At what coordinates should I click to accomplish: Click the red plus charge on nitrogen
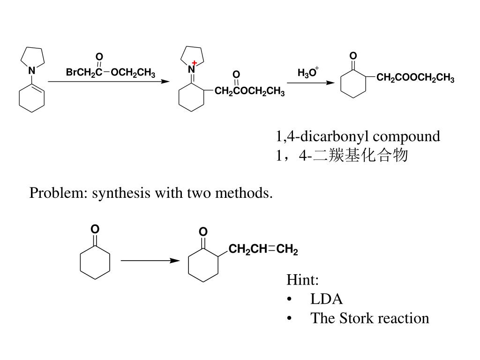point(195,63)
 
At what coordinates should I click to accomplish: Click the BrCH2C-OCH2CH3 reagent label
point(110,73)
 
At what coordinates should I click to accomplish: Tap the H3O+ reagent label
point(307,73)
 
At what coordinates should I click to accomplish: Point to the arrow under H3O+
point(311,83)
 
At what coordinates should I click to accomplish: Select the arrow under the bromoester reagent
point(109,82)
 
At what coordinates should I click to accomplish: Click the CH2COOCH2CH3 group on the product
point(415,79)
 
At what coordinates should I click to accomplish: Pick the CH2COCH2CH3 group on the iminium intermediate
point(249,91)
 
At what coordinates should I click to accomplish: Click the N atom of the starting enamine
point(32,71)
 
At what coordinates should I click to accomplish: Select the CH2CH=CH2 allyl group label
point(263,249)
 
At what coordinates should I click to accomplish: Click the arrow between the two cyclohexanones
point(150,261)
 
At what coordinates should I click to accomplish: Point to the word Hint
point(303,280)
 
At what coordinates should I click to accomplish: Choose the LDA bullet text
point(326,299)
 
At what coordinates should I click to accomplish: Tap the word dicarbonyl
point(334,136)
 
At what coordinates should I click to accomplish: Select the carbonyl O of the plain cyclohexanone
point(95,229)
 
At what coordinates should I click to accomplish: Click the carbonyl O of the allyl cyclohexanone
point(202,232)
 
